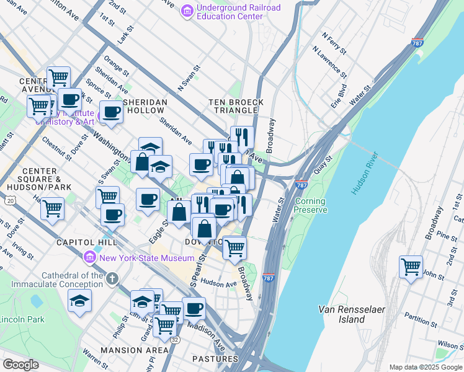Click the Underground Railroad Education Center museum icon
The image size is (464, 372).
click(x=187, y=11)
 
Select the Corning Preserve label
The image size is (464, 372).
click(x=311, y=206)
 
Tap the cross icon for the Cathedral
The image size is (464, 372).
click(x=112, y=280)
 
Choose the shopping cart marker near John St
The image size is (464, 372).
click(x=411, y=267)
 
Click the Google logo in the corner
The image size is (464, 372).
click(x=20, y=365)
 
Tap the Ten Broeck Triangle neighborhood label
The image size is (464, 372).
click(x=236, y=106)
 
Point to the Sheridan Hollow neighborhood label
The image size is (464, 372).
click(x=145, y=106)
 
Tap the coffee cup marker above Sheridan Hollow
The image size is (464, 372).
click(x=112, y=112)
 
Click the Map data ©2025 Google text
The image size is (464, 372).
click(x=425, y=367)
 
